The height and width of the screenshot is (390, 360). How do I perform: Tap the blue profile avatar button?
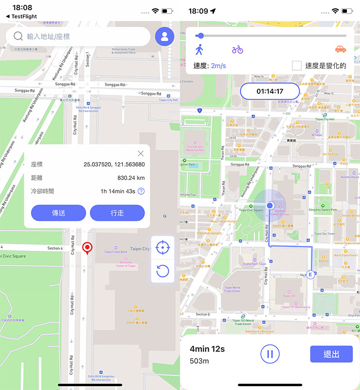coord(164,37)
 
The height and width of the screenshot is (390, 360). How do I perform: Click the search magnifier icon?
coord(18,37)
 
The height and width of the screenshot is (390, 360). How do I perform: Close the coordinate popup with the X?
coord(141,153)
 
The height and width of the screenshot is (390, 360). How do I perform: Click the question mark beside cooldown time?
coord(141,191)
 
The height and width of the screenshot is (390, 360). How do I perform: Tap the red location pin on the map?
coord(87,248)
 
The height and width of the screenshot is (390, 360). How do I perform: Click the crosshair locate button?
coord(162,247)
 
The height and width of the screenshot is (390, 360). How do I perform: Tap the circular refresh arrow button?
coord(162,271)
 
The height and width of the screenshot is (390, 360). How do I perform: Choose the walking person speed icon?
coord(199,50)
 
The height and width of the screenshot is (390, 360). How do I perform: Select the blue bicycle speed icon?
coord(237,50)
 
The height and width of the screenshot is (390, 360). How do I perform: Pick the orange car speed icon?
coord(340,50)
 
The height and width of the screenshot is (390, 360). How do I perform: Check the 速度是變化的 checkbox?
coord(296,66)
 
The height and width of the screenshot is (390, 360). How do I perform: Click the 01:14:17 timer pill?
coord(270,91)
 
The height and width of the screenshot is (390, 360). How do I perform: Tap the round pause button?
coord(270,353)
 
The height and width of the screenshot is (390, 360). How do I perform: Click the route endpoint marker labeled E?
coord(310,274)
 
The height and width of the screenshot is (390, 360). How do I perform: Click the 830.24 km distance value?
coord(131,178)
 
